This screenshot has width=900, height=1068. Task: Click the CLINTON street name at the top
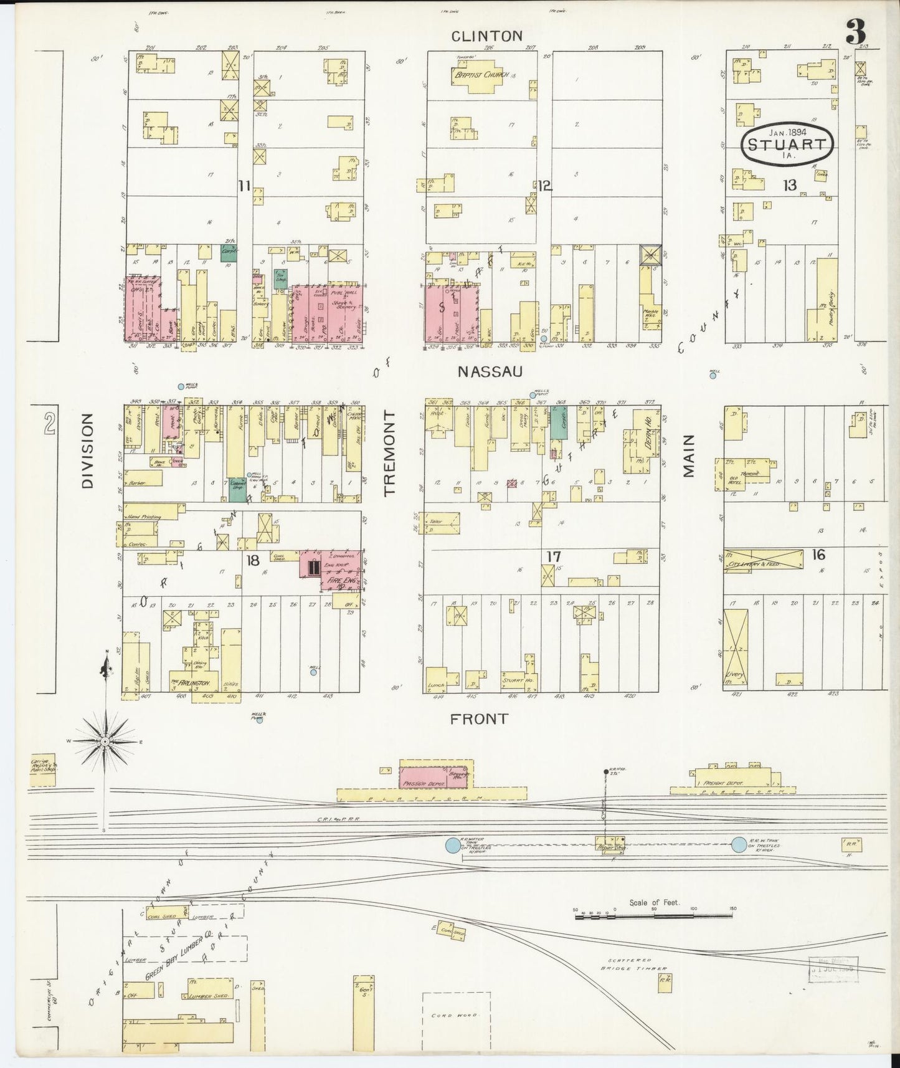click(486, 36)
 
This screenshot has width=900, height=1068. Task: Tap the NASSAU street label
click(489, 372)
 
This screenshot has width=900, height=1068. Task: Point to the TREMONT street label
click(391, 454)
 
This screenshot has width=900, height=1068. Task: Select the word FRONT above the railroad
click(479, 719)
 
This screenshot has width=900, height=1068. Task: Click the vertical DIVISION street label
click(87, 451)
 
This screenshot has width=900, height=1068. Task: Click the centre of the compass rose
click(106, 741)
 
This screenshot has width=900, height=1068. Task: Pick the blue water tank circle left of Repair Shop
click(452, 846)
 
